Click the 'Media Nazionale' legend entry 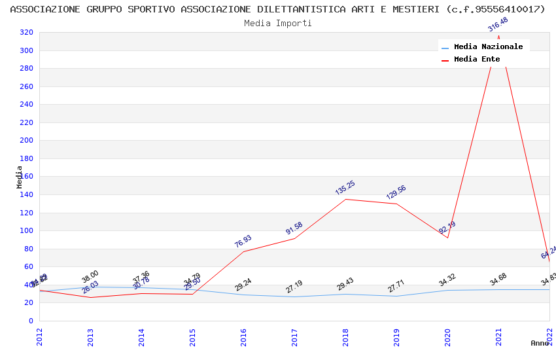click(x=488, y=47)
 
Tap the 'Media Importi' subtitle click(x=278, y=24)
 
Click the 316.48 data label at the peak click(x=498, y=25)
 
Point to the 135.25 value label click(x=345, y=188)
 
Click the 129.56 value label click(x=396, y=192)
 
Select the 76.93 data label click(x=243, y=242)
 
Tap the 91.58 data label click(x=294, y=228)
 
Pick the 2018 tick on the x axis click(x=345, y=336)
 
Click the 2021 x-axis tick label click(x=498, y=336)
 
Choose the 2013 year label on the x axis click(x=90, y=336)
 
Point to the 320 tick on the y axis click(x=26, y=33)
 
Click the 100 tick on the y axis click(x=26, y=231)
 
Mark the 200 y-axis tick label click(x=26, y=141)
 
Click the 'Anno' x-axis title click(x=540, y=343)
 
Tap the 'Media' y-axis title click(x=20, y=177)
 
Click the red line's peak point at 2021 click(x=498, y=36)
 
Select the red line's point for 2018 click(x=345, y=199)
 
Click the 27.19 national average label click(x=294, y=287)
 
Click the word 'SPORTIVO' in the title click(x=151, y=10)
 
